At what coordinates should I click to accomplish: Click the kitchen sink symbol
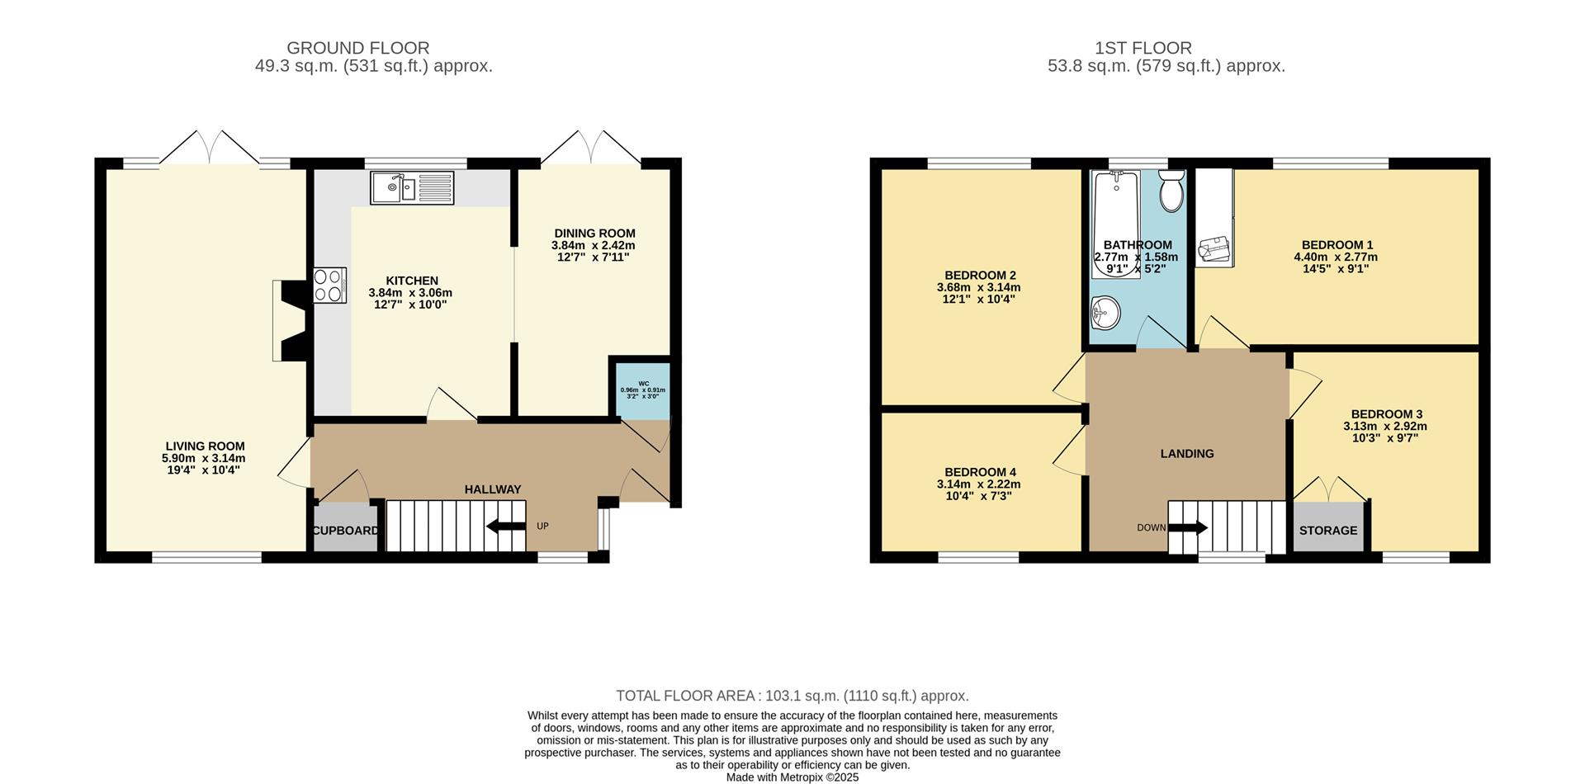pyautogui.click(x=411, y=187)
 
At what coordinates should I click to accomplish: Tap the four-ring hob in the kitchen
pyautogui.click(x=329, y=286)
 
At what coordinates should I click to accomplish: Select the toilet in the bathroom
pyautogui.click(x=1171, y=191)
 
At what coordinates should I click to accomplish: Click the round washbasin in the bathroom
pyautogui.click(x=1104, y=313)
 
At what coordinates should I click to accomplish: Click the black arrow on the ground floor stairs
pyautogui.click(x=505, y=526)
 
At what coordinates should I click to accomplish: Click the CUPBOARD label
pyautogui.click(x=346, y=531)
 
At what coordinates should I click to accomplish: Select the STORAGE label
pyautogui.click(x=1327, y=530)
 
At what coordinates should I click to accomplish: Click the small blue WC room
pyautogui.click(x=643, y=390)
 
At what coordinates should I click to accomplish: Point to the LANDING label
pyautogui.click(x=1186, y=453)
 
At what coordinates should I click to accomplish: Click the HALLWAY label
pyautogui.click(x=492, y=489)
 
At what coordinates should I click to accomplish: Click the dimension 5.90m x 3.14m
pyautogui.click(x=204, y=458)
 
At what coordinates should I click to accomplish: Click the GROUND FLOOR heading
pyautogui.click(x=357, y=48)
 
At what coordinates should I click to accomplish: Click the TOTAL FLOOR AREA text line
pyautogui.click(x=792, y=696)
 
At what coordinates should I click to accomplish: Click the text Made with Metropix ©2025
pyautogui.click(x=792, y=777)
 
